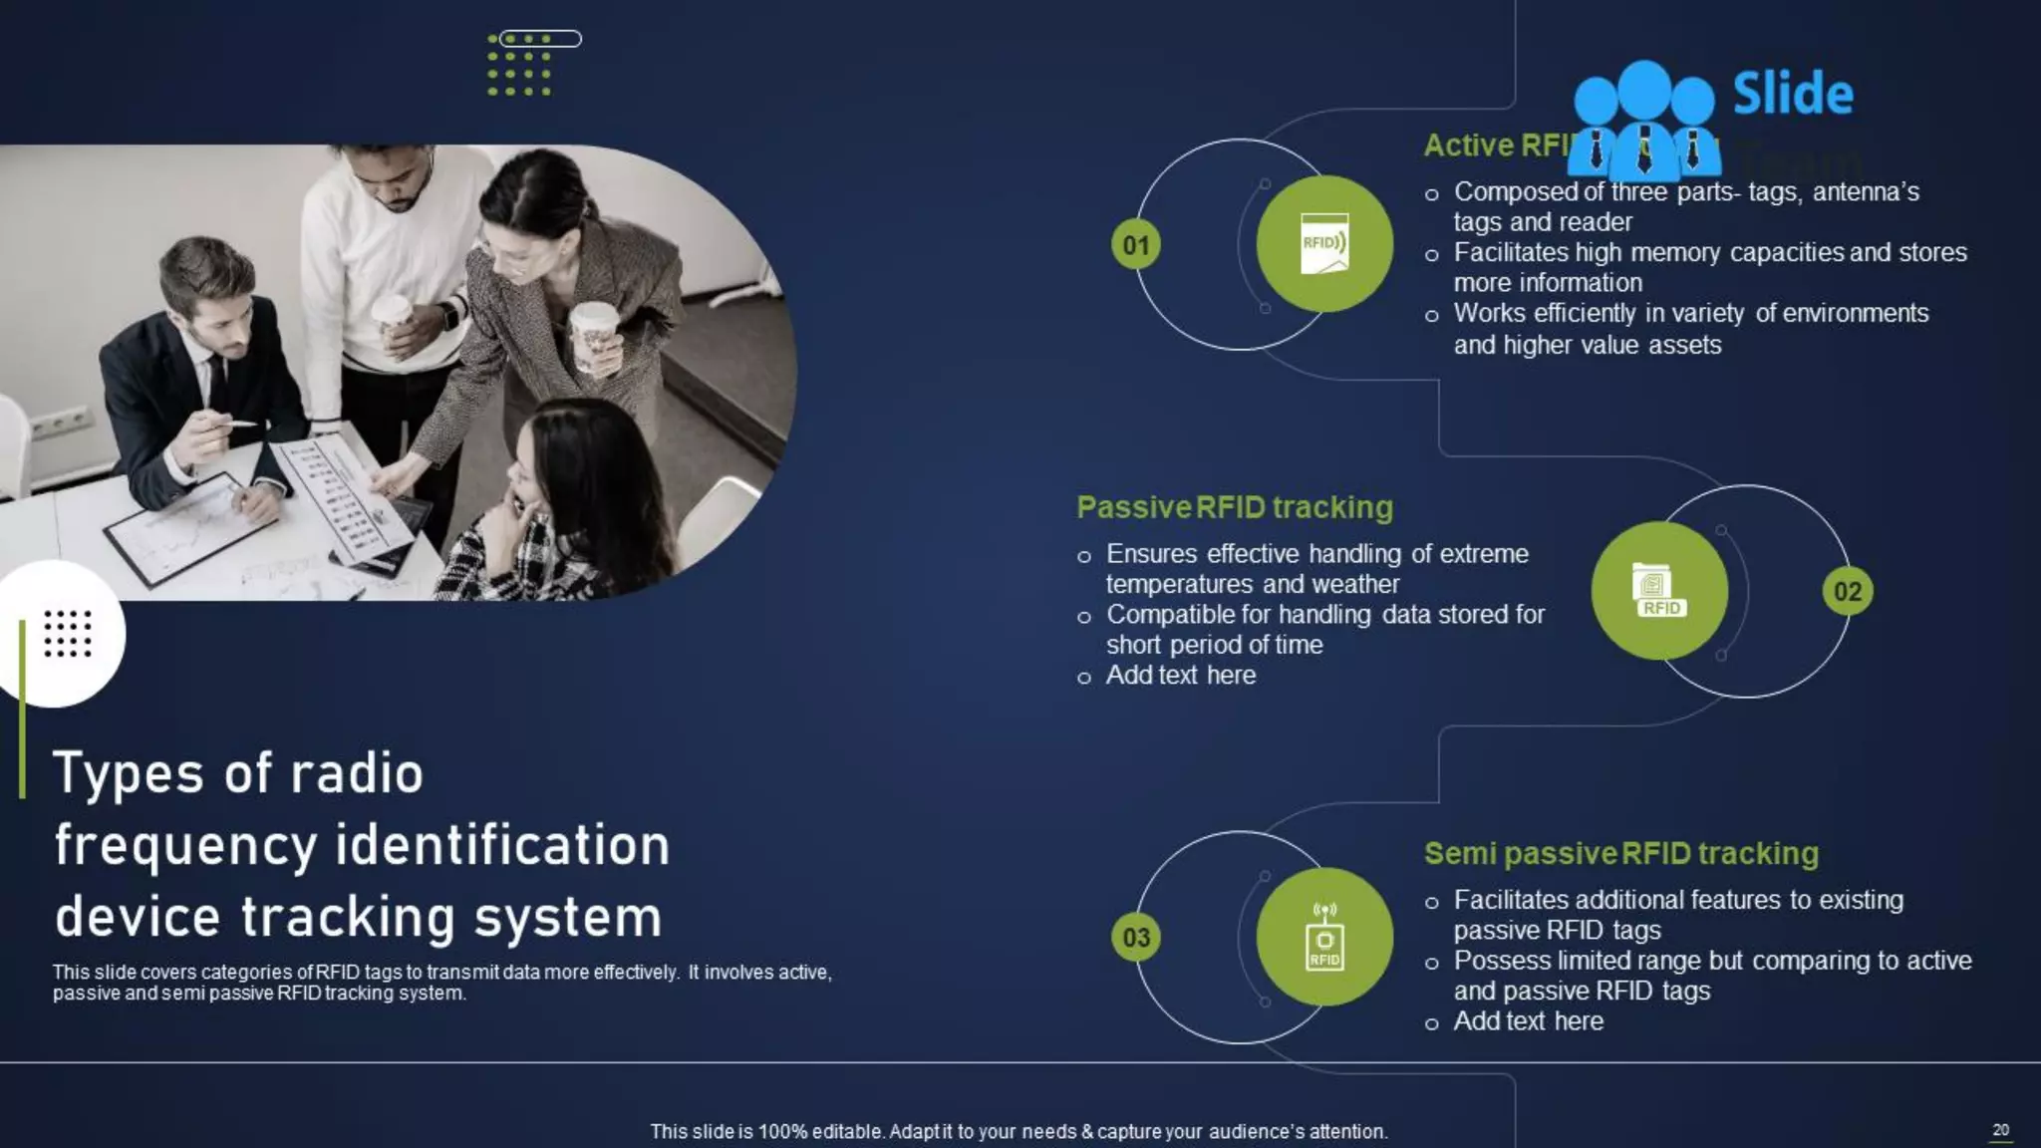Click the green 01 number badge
pos(1136,245)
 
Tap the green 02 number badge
pos(1848,592)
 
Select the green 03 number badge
pos(1136,938)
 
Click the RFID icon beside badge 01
pos(1324,244)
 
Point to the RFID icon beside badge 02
pos(1659,591)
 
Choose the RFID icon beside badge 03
pos(1324,937)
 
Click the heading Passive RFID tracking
pos(1235,507)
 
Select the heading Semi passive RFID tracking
pos(1620,853)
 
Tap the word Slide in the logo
pos(1793,94)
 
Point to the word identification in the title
pos(502,845)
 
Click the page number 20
pos(2000,1129)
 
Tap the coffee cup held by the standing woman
pos(595,334)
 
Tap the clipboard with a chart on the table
pos(189,533)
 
